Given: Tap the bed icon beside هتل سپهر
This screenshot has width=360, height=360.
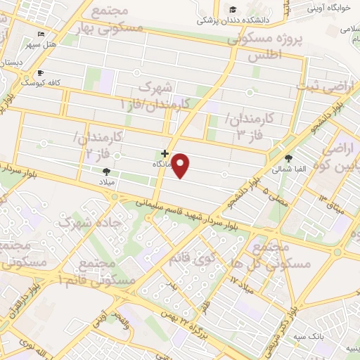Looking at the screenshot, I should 41,34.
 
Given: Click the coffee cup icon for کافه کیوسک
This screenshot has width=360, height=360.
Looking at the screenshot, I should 40,72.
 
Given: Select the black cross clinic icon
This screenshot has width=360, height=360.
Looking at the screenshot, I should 165,153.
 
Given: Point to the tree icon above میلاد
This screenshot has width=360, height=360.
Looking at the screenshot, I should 106,171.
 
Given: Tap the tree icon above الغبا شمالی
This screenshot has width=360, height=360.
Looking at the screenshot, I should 289,158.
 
